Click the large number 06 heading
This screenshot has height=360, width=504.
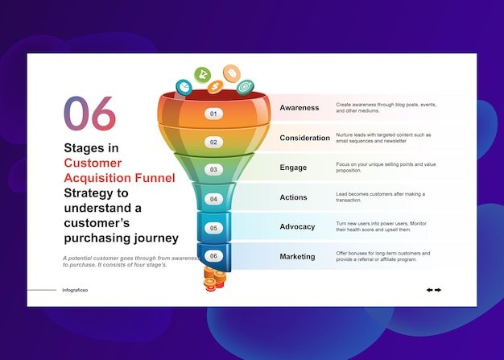click(89, 114)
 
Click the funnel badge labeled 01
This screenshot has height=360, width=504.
click(213, 114)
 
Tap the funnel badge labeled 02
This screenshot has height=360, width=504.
click(213, 142)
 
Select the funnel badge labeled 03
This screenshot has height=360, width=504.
click(213, 170)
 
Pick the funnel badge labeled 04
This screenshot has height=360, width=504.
click(213, 199)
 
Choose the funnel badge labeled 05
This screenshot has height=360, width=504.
click(213, 228)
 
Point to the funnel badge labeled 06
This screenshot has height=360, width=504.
click(213, 256)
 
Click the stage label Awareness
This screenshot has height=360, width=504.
click(299, 108)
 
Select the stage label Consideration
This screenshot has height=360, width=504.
click(304, 138)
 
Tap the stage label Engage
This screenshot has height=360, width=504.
click(293, 168)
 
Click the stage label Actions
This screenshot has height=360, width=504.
click(294, 197)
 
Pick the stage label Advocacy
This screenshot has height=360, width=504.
click(297, 227)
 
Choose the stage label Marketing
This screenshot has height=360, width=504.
click(297, 256)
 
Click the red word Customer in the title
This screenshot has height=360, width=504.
click(93, 163)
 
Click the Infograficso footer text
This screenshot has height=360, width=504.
click(75, 290)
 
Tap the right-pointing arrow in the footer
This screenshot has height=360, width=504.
click(438, 290)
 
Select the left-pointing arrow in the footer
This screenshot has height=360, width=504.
click(430, 290)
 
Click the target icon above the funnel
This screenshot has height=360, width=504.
click(245, 87)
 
